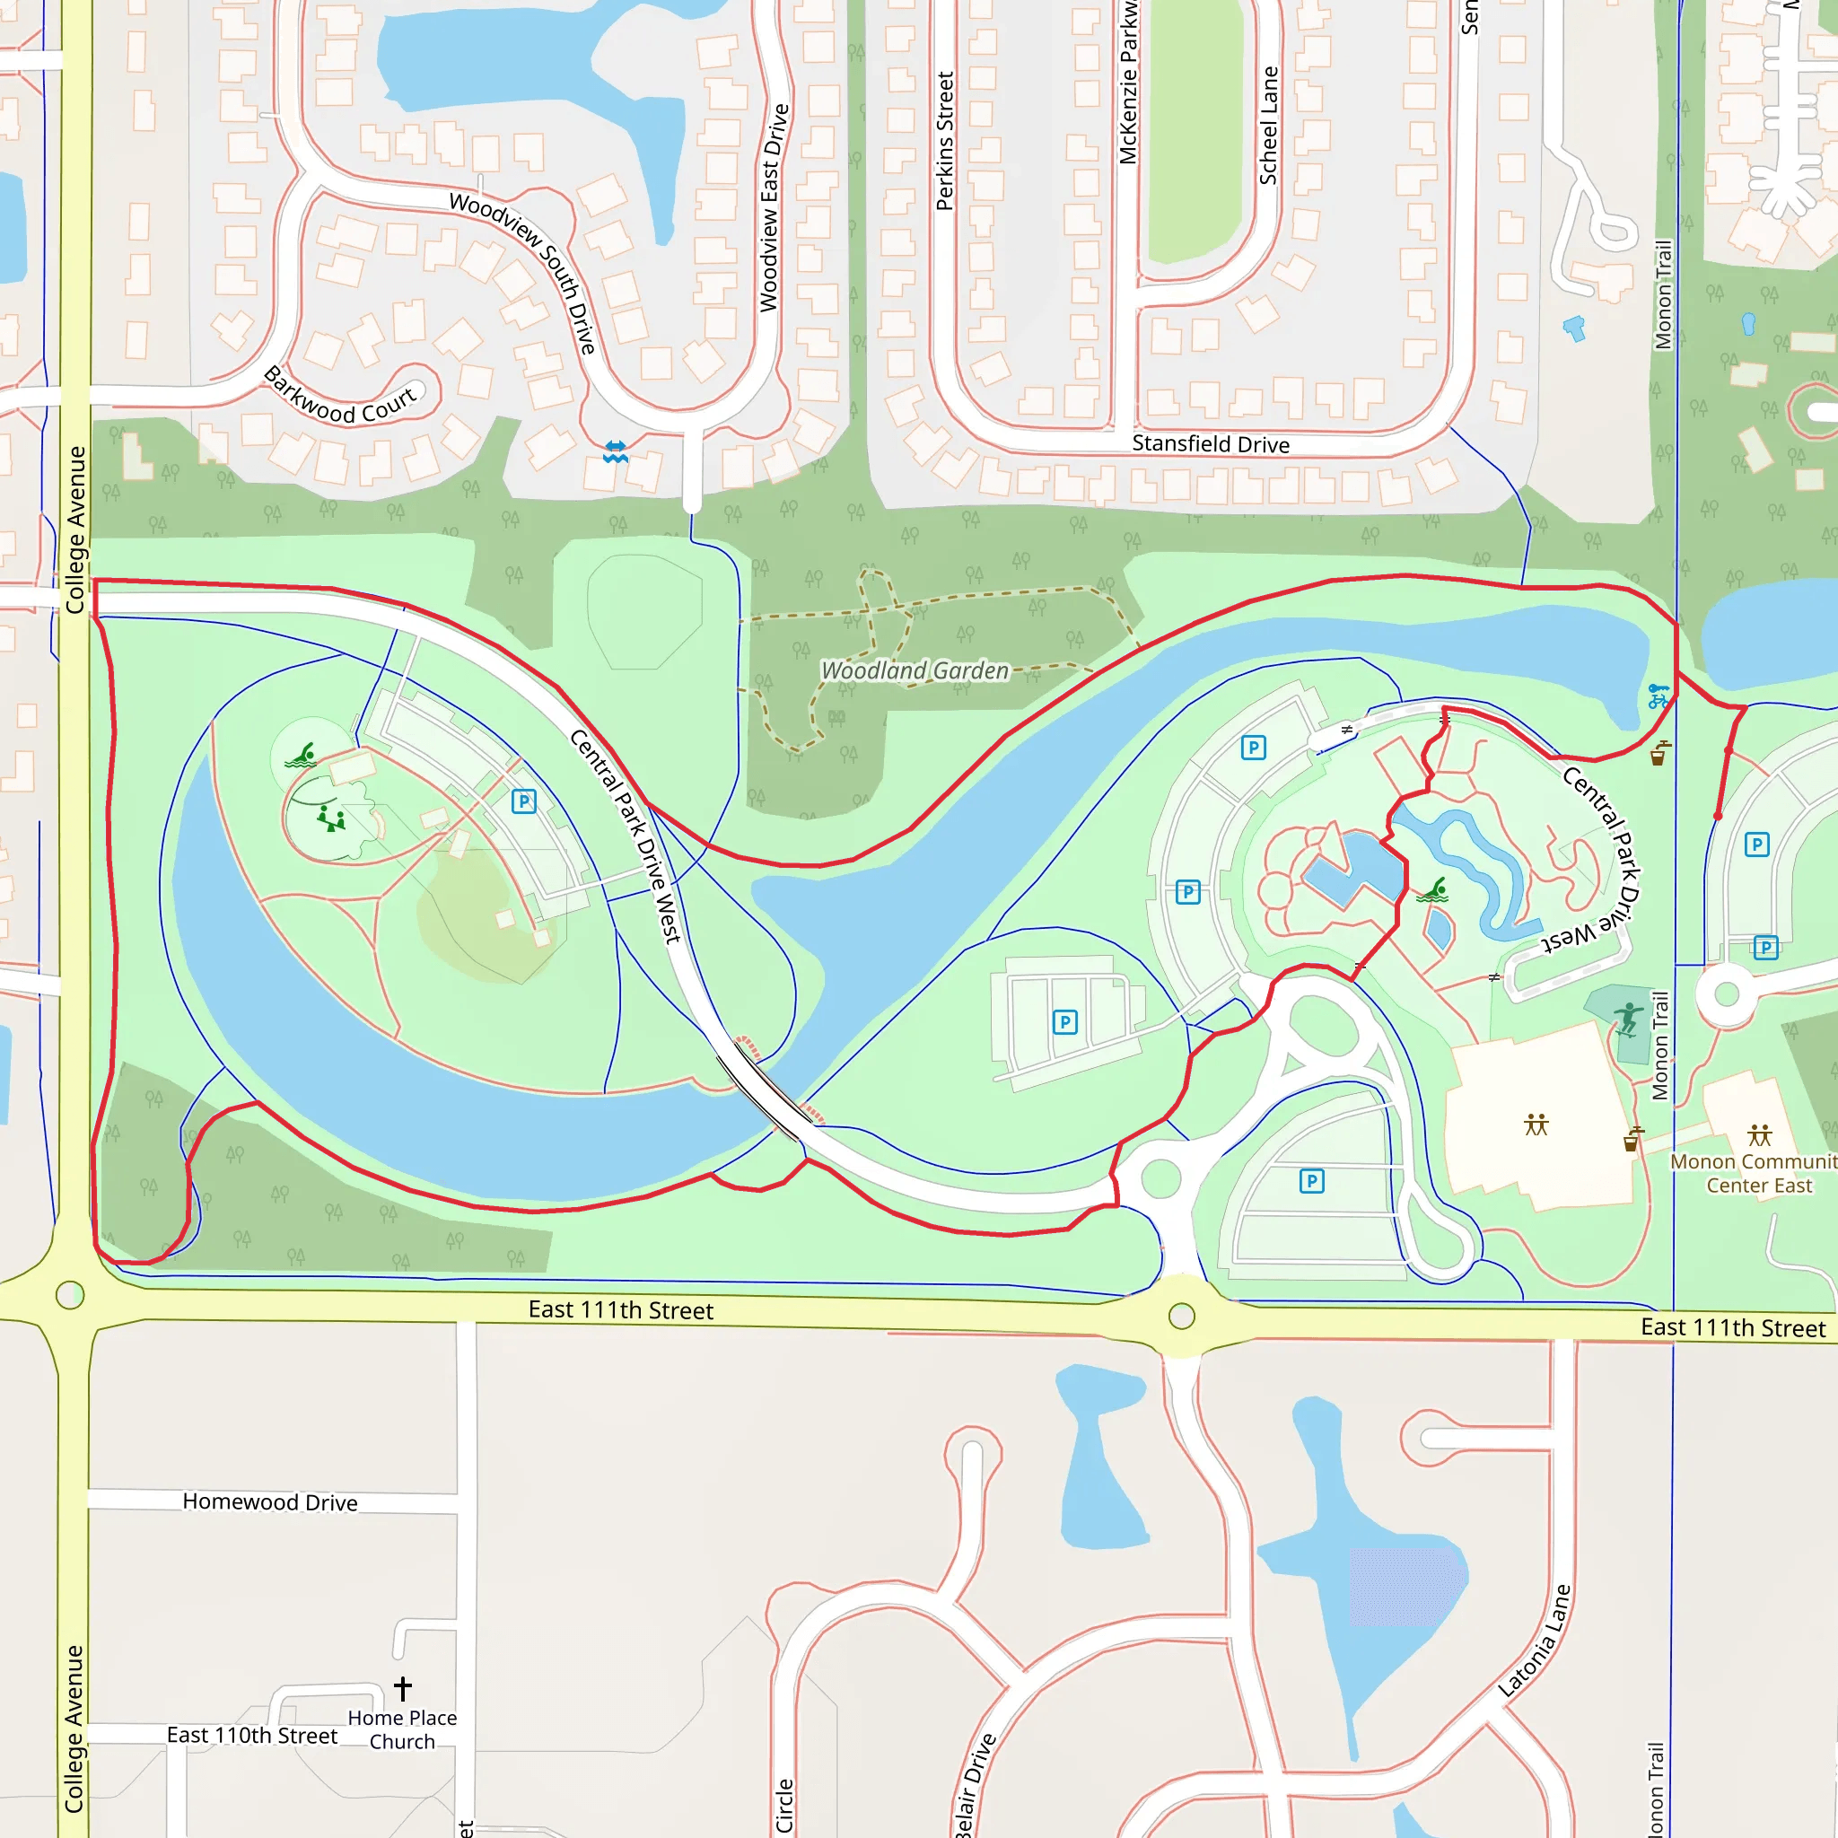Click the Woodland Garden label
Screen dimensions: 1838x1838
point(915,670)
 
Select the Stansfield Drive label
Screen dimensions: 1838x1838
point(1210,444)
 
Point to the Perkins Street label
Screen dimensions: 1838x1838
point(945,141)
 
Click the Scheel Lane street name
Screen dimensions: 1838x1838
point(1269,125)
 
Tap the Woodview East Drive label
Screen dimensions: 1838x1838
point(774,207)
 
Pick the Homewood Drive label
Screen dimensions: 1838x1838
point(270,1502)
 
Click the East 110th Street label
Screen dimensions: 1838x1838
point(252,1736)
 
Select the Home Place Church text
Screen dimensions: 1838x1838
point(402,1729)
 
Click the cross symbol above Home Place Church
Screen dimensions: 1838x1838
point(402,1689)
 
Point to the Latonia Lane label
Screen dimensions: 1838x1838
point(1535,1641)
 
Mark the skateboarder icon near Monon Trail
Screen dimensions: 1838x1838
point(1629,1019)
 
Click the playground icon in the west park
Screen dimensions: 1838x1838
point(330,818)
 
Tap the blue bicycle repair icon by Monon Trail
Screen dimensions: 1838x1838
point(1659,696)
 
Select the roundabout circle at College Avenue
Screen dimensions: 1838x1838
point(70,1295)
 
